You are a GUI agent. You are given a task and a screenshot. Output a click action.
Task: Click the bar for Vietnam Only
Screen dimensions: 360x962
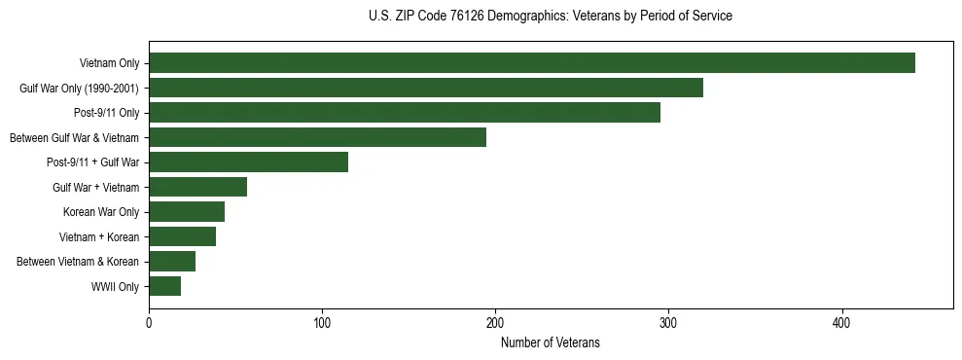click(532, 63)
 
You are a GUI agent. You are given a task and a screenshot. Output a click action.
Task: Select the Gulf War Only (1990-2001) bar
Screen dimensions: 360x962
click(426, 89)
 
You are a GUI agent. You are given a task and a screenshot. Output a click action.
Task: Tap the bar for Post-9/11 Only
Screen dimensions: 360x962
click(405, 113)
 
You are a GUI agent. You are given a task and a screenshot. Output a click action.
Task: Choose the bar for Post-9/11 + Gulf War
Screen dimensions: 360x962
click(248, 162)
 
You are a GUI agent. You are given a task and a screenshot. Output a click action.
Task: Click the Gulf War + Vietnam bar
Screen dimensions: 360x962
click(197, 187)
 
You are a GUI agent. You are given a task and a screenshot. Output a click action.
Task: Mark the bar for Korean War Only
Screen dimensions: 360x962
click(187, 212)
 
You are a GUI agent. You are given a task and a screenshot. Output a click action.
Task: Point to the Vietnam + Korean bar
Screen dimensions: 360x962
click(182, 236)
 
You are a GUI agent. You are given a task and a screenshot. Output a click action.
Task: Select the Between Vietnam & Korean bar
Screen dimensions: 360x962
click(172, 262)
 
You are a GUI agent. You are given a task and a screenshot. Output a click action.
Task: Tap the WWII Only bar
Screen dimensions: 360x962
click(164, 286)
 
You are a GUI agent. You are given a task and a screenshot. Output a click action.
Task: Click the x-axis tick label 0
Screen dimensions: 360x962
click(149, 322)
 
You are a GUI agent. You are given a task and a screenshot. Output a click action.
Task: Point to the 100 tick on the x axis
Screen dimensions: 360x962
click(322, 322)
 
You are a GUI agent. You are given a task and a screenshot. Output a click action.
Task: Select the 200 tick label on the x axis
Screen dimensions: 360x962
click(495, 322)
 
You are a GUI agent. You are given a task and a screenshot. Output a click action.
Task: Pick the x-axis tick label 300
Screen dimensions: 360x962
click(668, 322)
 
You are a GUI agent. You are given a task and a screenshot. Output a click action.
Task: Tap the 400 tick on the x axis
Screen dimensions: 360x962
click(841, 322)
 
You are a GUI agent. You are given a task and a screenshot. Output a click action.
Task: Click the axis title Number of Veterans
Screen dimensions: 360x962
click(550, 342)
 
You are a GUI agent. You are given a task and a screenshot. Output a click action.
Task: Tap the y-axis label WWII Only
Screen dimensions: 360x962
click(115, 287)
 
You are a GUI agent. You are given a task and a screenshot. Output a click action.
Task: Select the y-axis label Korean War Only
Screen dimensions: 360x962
click(101, 212)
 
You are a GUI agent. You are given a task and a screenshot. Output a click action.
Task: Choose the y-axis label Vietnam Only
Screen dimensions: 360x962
click(109, 63)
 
